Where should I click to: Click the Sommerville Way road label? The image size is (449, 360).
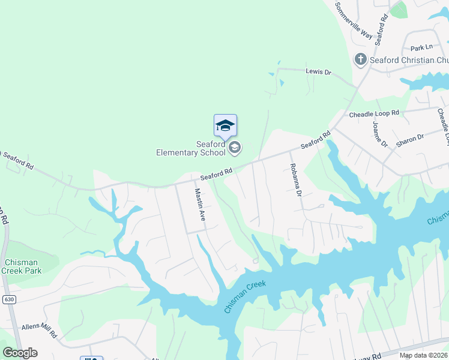click(354, 21)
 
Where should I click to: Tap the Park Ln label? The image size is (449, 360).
click(421, 47)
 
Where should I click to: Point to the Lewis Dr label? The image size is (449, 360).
click(318, 71)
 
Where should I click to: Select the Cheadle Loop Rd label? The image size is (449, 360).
click(374, 113)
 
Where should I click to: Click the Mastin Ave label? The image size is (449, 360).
click(200, 205)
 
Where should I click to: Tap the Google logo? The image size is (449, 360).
click(20, 352)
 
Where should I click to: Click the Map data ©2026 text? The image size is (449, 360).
click(423, 356)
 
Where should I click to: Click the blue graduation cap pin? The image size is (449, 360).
click(225, 125)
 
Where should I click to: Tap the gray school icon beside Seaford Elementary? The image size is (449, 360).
click(235, 148)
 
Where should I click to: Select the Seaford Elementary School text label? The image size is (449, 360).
click(191, 148)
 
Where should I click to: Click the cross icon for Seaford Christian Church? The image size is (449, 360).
click(360, 59)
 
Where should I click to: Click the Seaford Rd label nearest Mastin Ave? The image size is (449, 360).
click(216, 175)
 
